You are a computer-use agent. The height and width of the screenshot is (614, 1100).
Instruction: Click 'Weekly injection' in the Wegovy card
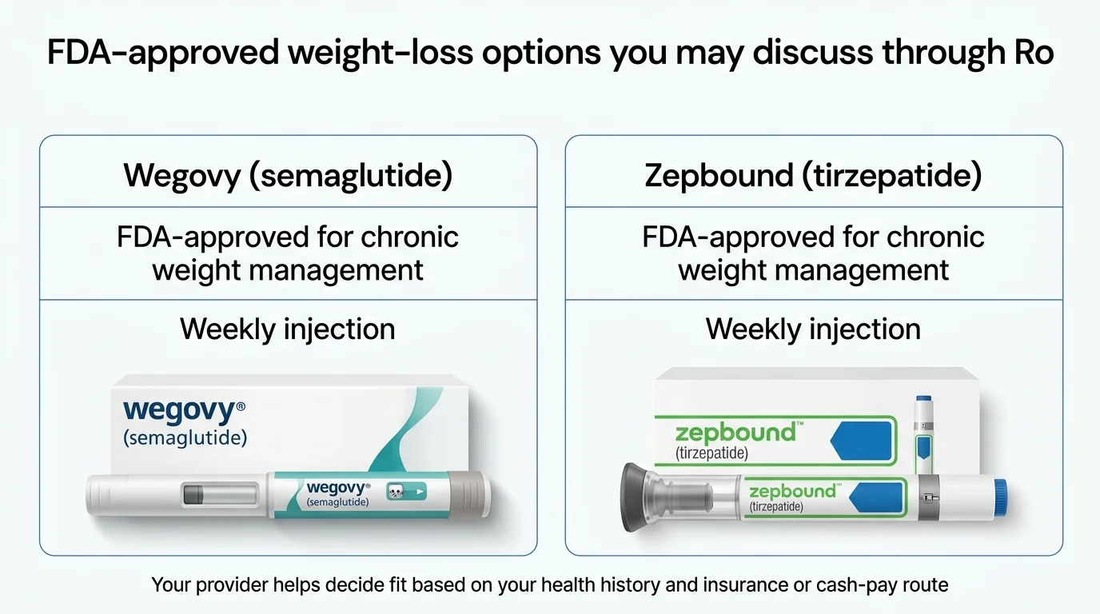288,329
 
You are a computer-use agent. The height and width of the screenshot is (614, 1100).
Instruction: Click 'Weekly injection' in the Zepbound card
813,329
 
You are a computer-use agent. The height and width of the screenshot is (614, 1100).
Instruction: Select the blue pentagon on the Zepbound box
861,441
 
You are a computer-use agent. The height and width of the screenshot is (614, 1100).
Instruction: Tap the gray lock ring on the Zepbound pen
927,497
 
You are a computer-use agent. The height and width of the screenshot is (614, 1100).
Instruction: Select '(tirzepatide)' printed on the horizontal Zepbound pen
776,507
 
